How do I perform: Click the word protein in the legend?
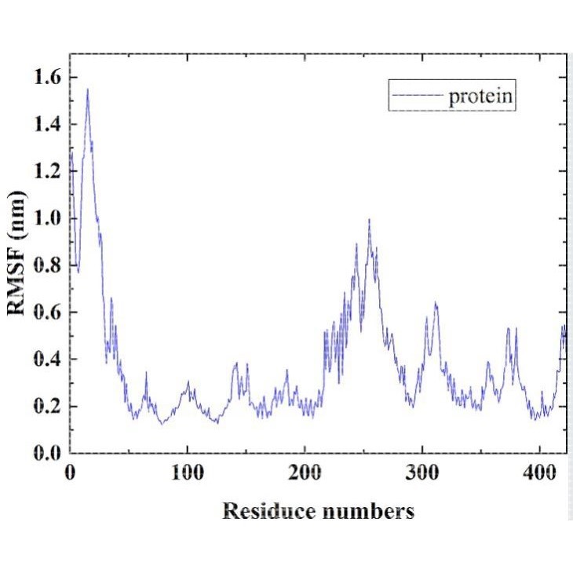480,97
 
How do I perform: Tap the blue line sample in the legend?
416,97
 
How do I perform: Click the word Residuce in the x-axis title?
270,512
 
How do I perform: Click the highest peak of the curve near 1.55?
87,89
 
